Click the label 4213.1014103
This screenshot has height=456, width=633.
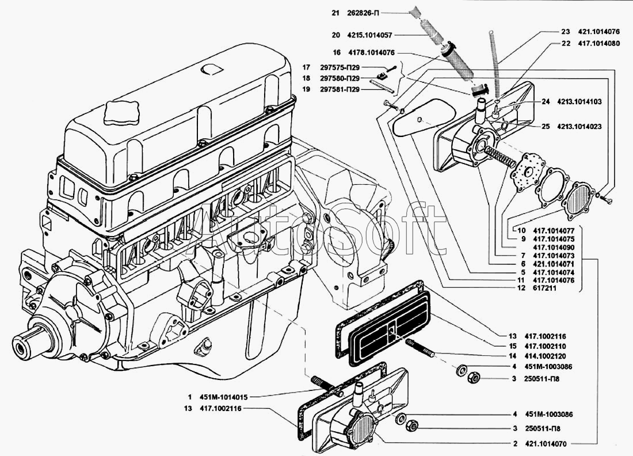click(x=579, y=101)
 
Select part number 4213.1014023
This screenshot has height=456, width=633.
click(x=579, y=126)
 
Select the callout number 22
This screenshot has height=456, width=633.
click(x=566, y=43)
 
